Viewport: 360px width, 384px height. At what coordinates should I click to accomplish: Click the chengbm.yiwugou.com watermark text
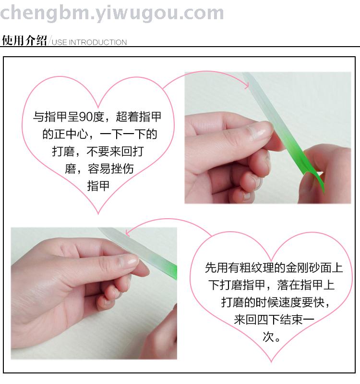(x=112, y=13)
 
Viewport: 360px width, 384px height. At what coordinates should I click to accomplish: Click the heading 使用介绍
(x=24, y=40)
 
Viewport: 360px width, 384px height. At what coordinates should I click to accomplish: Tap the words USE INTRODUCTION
(x=89, y=42)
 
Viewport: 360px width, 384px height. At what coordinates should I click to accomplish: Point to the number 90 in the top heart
(x=85, y=117)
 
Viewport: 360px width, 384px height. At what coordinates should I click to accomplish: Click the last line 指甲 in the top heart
(x=98, y=186)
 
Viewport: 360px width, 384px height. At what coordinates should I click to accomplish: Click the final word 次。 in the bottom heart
(x=271, y=337)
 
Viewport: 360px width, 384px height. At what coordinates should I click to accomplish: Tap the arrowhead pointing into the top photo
(x=247, y=85)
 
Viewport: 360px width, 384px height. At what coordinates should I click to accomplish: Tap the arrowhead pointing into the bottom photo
(x=128, y=233)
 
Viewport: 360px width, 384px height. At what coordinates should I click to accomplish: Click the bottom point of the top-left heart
(x=98, y=214)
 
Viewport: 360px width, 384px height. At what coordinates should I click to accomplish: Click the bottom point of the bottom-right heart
(x=271, y=362)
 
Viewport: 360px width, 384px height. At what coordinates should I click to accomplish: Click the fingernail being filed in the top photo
(x=261, y=130)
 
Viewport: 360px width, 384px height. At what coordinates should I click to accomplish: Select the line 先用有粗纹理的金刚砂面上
(x=274, y=268)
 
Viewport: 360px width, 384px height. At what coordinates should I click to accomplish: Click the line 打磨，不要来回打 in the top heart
(x=98, y=151)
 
